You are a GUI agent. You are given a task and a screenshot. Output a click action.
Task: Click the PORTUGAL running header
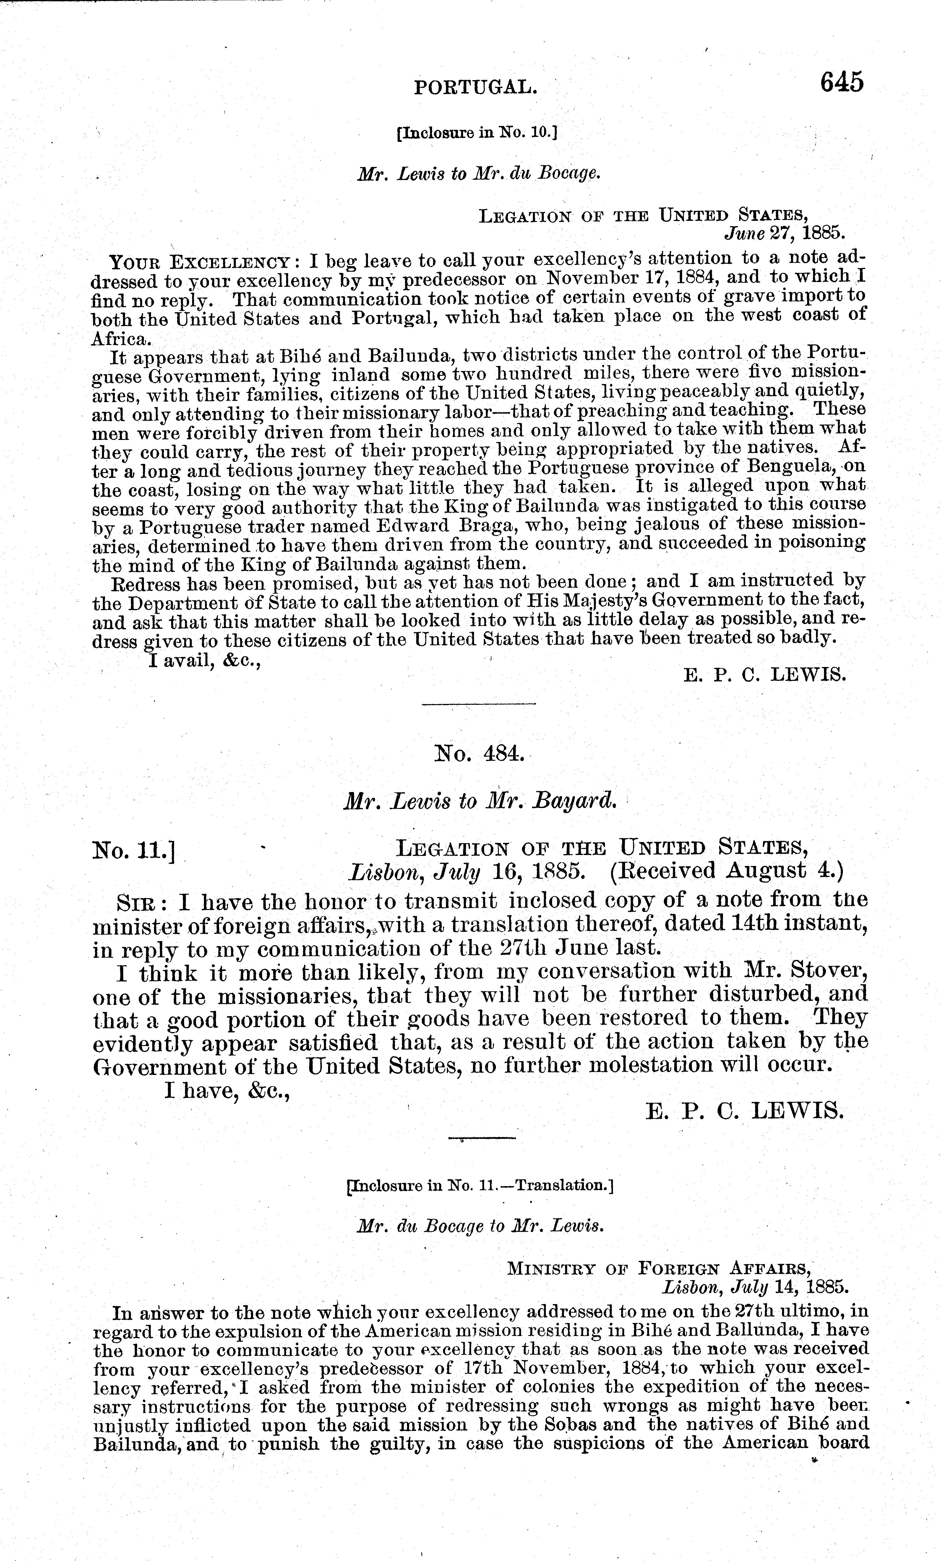[476, 87]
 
